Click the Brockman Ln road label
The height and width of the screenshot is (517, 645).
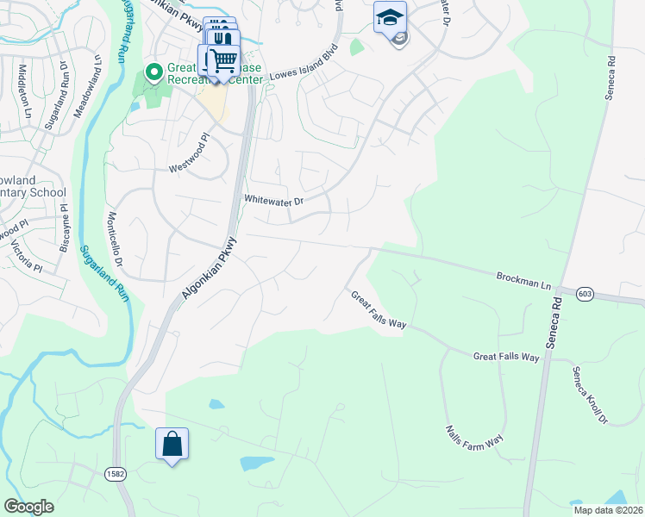pyautogui.click(x=523, y=279)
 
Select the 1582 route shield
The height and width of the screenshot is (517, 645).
pyautogui.click(x=116, y=474)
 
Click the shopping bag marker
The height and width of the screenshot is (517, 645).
pyautogui.click(x=172, y=445)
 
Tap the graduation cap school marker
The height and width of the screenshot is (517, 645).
pyautogui.click(x=390, y=17)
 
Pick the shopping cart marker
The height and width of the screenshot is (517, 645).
pyautogui.click(x=223, y=60)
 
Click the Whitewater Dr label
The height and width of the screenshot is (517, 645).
pyautogui.click(x=274, y=202)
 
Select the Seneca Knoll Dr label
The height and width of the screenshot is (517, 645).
pyautogui.click(x=591, y=395)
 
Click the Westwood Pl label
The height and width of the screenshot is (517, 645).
pyautogui.click(x=190, y=151)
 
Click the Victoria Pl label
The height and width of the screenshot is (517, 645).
pyautogui.click(x=26, y=253)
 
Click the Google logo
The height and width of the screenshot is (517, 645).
pyautogui.click(x=28, y=507)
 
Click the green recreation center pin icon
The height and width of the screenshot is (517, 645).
pyautogui.click(x=154, y=72)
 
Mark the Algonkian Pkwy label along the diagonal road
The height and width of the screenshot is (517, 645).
pyautogui.click(x=208, y=266)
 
